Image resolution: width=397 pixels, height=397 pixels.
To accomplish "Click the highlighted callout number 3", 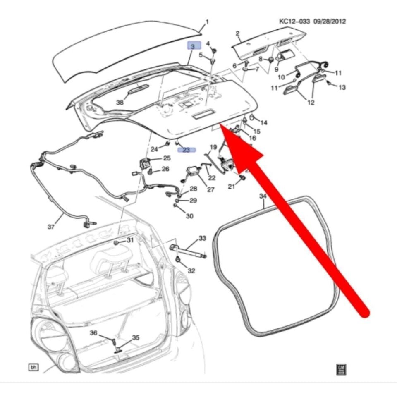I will pyautogui.click(x=193, y=47).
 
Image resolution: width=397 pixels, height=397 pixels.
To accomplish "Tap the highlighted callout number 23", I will pyautogui.click(x=186, y=150).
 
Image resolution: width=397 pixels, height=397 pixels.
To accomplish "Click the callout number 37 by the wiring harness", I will pyautogui.click(x=51, y=227).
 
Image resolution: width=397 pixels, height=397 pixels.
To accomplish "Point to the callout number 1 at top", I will pyautogui.click(x=207, y=22).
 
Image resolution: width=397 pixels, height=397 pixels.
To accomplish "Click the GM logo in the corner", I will pyautogui.click(x=341, y=369).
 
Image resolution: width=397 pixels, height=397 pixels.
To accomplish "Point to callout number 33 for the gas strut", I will pyautogui.click(x=202, y=239).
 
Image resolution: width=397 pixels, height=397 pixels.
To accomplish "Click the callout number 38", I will pyautogui.click(x=120, y=103).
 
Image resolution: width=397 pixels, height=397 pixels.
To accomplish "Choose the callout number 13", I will pyautogui.click(x=342, y=87).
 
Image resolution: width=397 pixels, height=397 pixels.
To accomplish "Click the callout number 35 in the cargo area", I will pyautogui.click(x=136, y=338).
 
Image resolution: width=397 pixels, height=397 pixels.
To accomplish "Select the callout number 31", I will pyautogui.click(x=130, y=240).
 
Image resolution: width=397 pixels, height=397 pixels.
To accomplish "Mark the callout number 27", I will pyautogui.click(x=210, y=190).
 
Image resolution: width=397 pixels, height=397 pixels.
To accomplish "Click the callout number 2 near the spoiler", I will pyautogui.click(x=238, y=33).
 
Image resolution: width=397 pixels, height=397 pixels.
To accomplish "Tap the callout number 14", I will pyautogui.click(x=264, y=123).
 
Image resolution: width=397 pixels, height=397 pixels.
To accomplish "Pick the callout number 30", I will pyautogui.click(x=189, y=216).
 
